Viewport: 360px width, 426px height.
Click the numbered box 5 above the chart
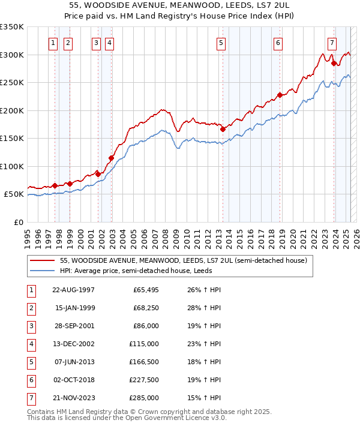[221, 43]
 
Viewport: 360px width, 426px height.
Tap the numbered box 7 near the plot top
[332, 43]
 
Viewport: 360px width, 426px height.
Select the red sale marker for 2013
[223, 128]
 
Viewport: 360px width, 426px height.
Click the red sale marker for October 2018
[280, 95]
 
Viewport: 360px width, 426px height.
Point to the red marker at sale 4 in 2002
[111, 158]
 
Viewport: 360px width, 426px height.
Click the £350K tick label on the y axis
[12, 27]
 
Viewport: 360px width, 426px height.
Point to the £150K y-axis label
[12, 139]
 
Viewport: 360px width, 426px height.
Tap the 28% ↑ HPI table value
[204, 308]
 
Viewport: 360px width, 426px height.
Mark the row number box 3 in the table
[31, 326]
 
